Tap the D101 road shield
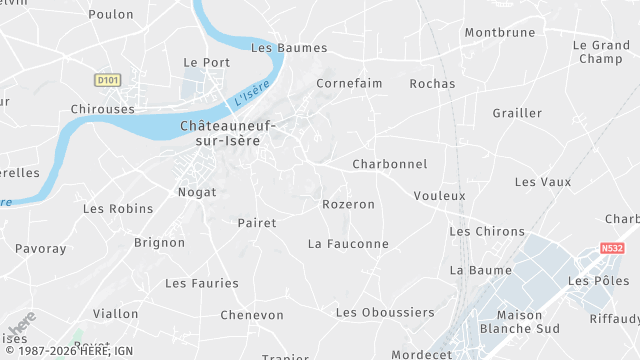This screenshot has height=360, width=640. pyautogui.click(x=107, y=79)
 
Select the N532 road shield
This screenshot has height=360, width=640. pyautogui.click(x=612, y=248)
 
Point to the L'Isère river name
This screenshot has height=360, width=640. pyautogui.click(x=251, y=97)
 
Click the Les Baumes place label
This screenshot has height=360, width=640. pyautogui.click(x=275, y=47)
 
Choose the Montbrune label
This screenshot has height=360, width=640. pyautogui.click(x=500, y=32)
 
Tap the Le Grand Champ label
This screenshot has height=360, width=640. pyautogui.click(x=601, y=52)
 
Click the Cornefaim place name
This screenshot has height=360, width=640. pyautogui.click(x=349, y=83)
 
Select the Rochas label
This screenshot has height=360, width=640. pyautogui.click(x=432, y=84)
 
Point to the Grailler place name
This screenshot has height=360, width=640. pyautogui.click(x=517, y=113)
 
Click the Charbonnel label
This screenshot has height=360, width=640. pyautogui.click(x=390, y=164)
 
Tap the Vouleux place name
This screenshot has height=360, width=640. pyautogui.click(x=439, y=196)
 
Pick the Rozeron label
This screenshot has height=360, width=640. pyautogui.click(x=348, y=204)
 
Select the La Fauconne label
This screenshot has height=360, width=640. pyautogui.click(x=348, y=243)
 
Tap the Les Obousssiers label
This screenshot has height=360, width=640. pyautogui.click(x=385, y=312)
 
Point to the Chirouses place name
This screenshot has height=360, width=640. pyautogui.click(x=103, y=109)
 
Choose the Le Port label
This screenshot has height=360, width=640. pyautogui.click(x=207, y=62)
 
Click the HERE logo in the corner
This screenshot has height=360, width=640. pyautogui.click(x=21, y=325)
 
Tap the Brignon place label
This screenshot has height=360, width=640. pyautogui.click(x=159, y=242)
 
